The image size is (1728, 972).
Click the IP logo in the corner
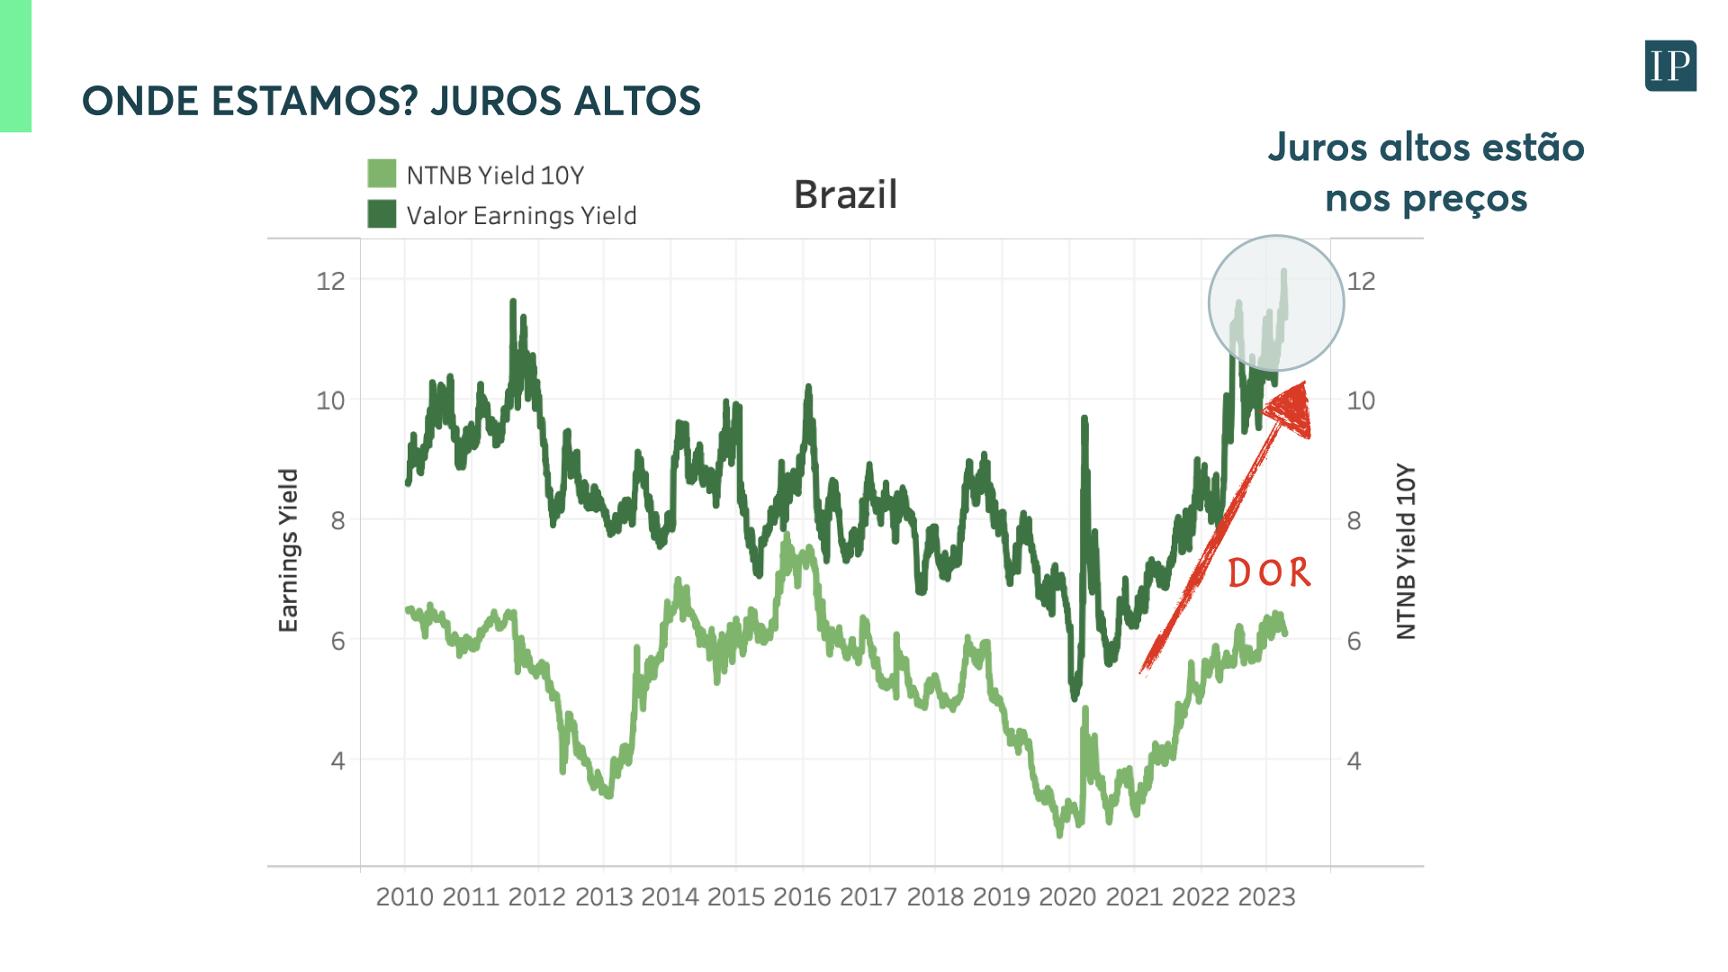coord(1670,66)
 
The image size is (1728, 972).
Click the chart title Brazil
coord(845,194)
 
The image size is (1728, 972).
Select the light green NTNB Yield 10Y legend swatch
coord(382,174)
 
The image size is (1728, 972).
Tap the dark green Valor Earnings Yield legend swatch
coord(382,214)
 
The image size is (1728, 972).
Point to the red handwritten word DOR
coord(1269,573)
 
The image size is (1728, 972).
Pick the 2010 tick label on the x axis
coord(404,896)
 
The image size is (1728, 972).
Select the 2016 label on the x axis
coord(802,896)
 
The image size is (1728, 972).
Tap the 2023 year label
coord(1266,896)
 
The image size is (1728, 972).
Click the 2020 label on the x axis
coord(1067,896)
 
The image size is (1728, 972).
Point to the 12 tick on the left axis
coord(330,281)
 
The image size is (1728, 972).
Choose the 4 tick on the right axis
coord(1354,761)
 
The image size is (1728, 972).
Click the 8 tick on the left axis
coord(337,520)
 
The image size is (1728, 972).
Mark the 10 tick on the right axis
coord(1361,400)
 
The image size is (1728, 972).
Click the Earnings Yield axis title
coord(288,551)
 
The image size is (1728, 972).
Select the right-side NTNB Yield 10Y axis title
coord(1406,552)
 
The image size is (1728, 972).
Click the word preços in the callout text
coord(1476,199)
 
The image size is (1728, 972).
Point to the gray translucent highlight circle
coord(1275,303)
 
